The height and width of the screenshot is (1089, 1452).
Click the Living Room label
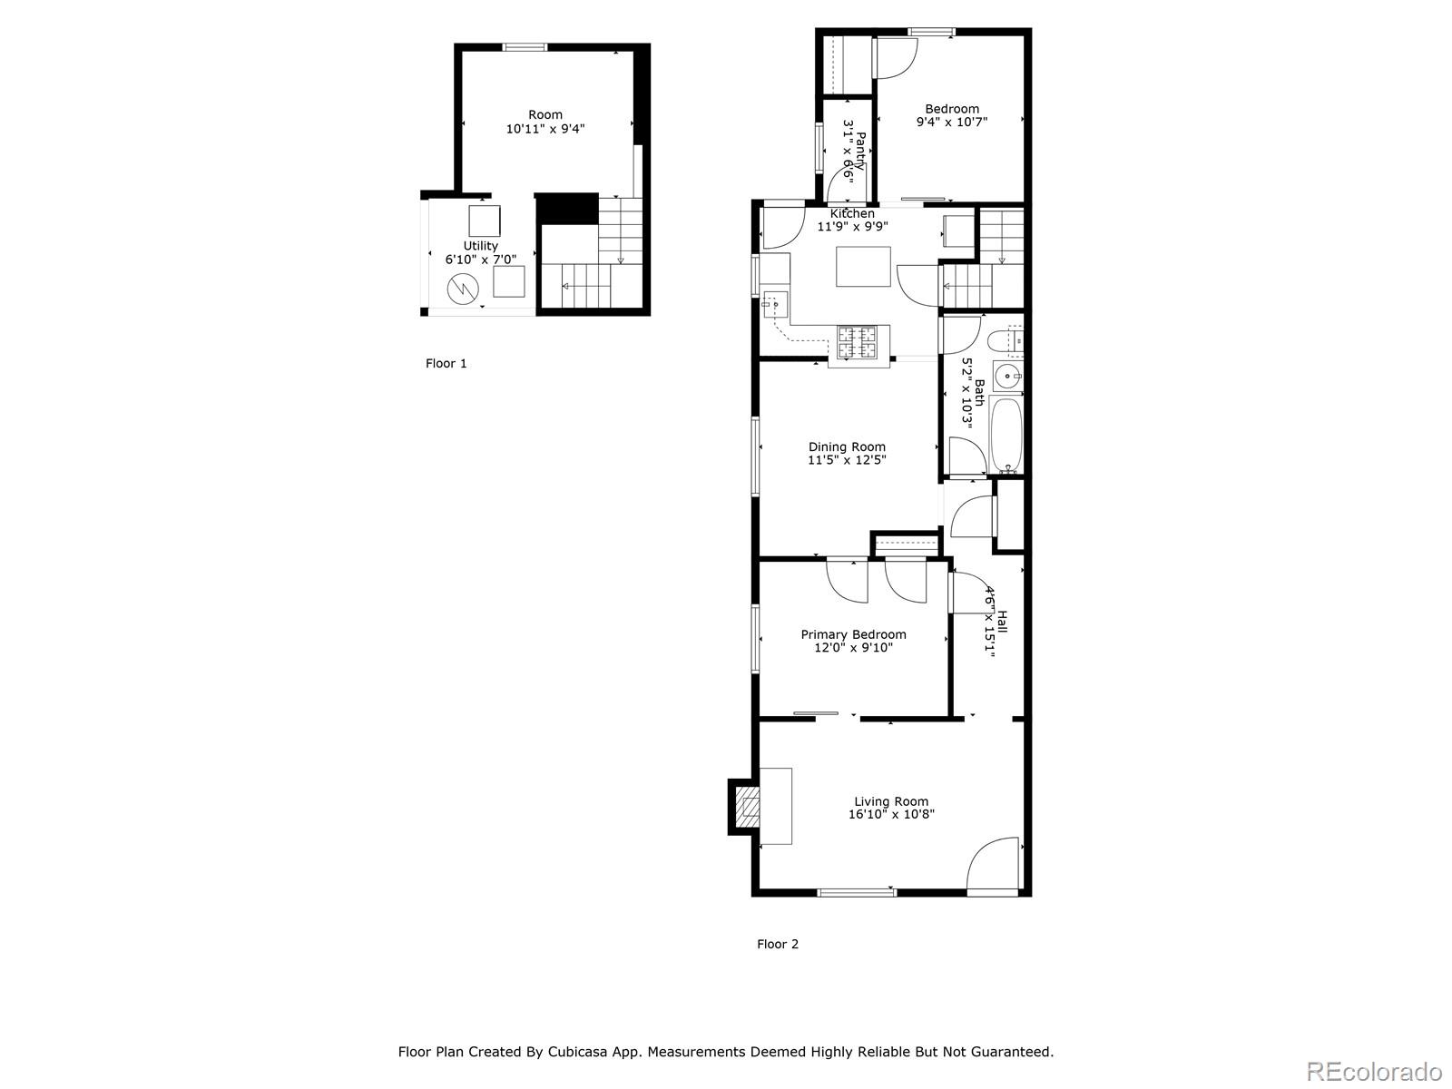(890, 801)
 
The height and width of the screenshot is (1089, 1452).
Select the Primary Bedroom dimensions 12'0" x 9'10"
(853, 648)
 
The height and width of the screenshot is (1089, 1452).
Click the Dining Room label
(847, 446)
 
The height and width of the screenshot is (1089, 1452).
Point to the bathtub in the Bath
(1006, 435)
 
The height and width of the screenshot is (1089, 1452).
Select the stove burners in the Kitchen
(857, 342)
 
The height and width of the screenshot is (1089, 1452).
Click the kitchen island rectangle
(863, 267)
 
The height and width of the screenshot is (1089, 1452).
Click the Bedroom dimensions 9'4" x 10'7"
(951, 122)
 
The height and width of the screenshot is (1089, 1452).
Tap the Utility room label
(480, 246)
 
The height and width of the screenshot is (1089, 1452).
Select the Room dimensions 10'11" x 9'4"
(544, 129)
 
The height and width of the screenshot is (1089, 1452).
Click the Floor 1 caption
(446, 364)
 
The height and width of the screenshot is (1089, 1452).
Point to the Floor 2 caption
(778, 944)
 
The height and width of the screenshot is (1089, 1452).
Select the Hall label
(1002, 622)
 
